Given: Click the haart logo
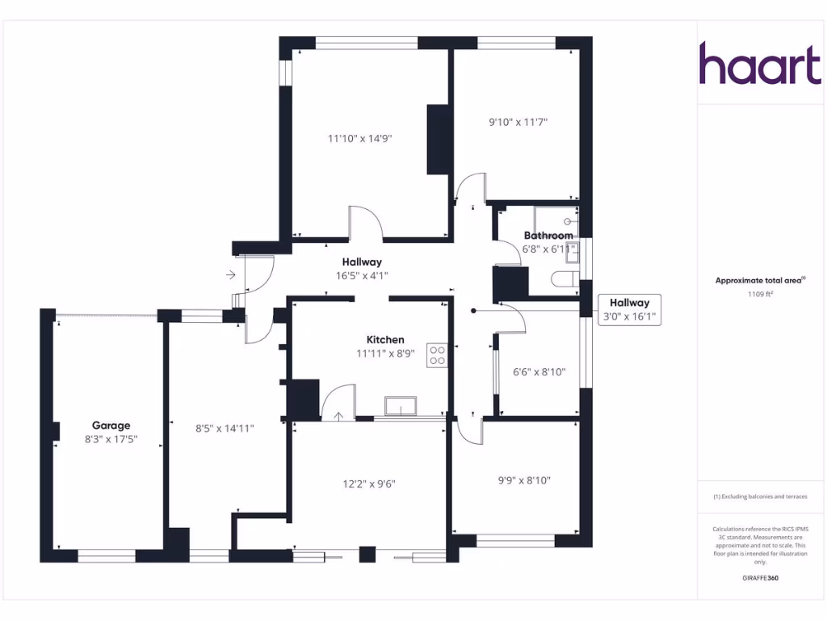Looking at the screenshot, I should pos(759,64).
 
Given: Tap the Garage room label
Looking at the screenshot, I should pos(111,425).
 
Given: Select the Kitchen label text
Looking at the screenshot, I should pos(385,340).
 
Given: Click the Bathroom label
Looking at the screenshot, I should pos(548,236).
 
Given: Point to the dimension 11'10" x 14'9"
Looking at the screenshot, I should pos(359,138).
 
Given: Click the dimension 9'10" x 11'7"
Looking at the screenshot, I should pos(518,123).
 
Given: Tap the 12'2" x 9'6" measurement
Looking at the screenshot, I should pos(368,484).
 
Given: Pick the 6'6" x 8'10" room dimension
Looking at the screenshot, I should pos(539,372).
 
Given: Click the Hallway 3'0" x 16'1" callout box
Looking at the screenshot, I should pos(629,310).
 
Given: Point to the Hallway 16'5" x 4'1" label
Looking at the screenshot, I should pos(362,268).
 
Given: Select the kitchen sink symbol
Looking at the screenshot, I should pos(401,406).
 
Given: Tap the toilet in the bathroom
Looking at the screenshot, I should pos(564,280).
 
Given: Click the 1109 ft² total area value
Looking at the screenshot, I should pos(760,295).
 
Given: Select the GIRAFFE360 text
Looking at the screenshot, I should pos(760,578).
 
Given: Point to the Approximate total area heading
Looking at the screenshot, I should pos(760,280).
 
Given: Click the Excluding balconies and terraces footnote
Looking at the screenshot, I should pos(760,496).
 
